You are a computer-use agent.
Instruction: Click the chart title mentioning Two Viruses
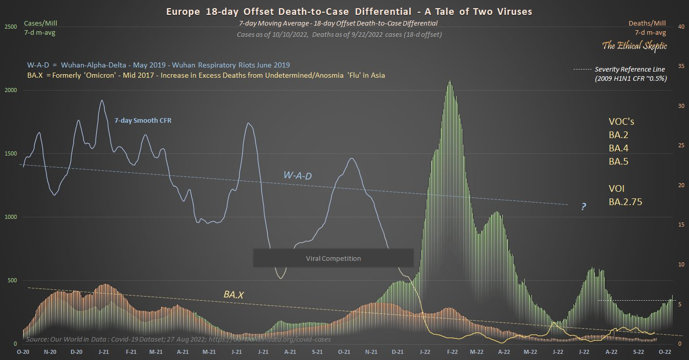[344, 12]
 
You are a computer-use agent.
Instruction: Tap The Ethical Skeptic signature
[634, 46]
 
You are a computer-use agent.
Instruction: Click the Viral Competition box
[333, 258]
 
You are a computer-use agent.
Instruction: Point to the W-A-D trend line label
[298, 176]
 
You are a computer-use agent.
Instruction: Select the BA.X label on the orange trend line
[233, 295]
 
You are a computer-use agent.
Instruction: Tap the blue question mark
[583, 207]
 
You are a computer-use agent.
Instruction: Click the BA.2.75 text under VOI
[625, 201]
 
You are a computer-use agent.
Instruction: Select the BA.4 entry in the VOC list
[618, 148]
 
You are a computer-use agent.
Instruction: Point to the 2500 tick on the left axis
[11, 27]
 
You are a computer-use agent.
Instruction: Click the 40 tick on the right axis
[680, 27]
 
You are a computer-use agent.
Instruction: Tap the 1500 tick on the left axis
[11, 153]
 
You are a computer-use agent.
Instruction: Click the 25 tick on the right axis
[680, 146]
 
